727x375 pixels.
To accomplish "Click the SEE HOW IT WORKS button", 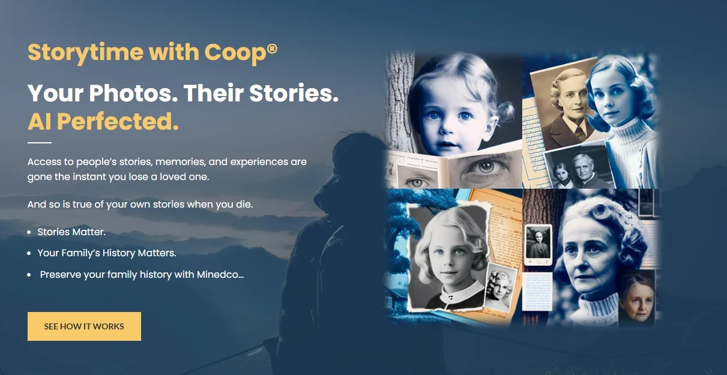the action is (x=84, y=326).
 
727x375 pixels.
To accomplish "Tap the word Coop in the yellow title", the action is (x=235, y=53).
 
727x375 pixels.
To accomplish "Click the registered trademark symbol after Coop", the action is (x=273, y=49).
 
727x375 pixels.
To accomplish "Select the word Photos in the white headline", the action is (x=134, y=93).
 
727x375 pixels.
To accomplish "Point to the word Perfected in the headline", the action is (x=118, y=122).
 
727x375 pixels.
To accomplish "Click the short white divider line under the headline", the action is (x=40, y=142).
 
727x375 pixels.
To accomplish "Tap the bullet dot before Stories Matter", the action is (x=29, y=232).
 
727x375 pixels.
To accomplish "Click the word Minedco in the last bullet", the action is (x=220, y=275).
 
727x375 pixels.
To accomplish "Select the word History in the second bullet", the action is (x=119, y=253).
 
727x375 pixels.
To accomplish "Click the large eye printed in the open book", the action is (x=484, y=168).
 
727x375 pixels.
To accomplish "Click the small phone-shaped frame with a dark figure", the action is (x=538, y=245).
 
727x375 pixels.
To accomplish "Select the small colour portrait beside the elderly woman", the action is (x=637, y=298).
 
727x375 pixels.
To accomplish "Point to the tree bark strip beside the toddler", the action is (x=399, y=101).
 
